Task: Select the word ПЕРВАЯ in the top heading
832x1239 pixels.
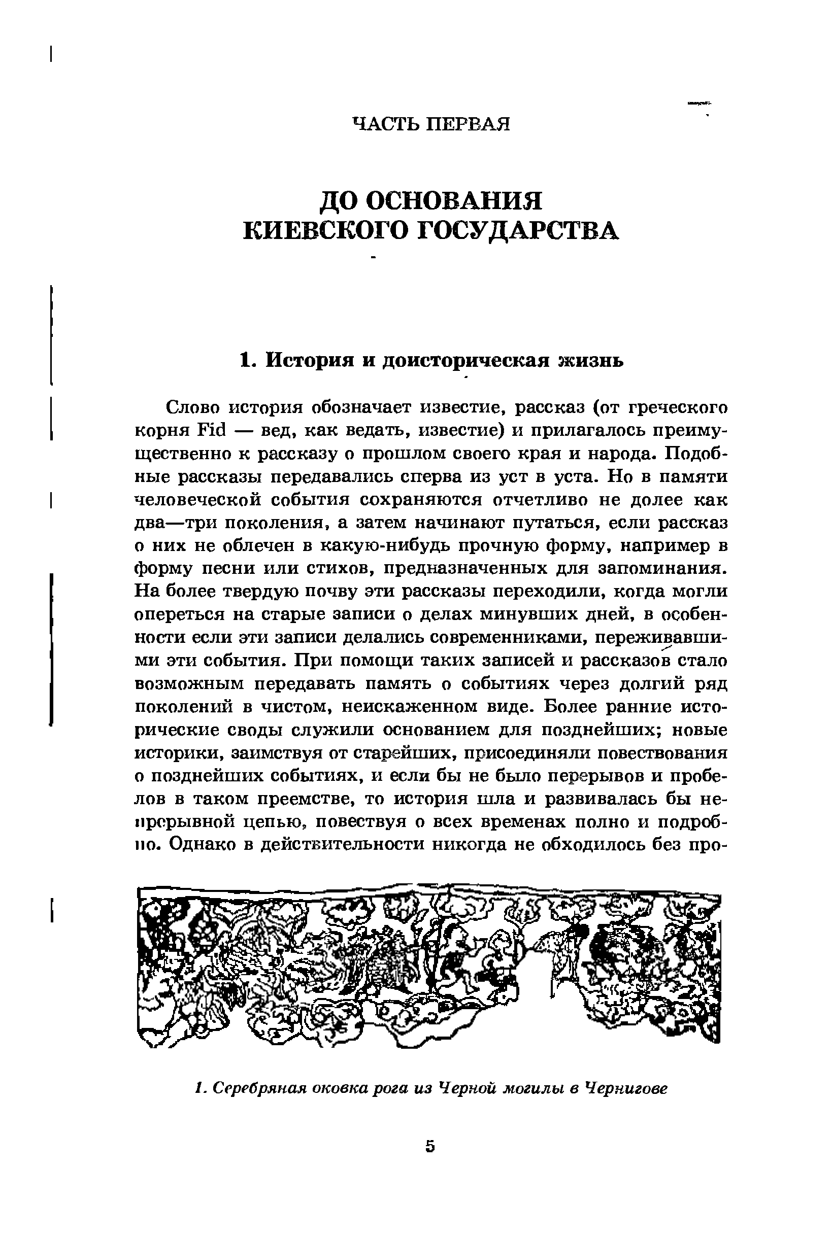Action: coord(469,124)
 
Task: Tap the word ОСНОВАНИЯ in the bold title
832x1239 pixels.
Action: coord(453,202)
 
